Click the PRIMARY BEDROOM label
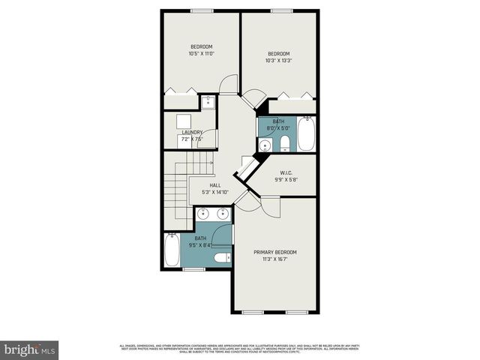pos(274,252)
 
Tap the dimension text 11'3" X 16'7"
pos(274,259)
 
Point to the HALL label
pos(215,185)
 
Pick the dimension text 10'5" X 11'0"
pos(201,53)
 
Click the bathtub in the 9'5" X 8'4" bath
pos(172,251)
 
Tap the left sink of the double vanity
pos(202,215)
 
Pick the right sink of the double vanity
pos(222,215)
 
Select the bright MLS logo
pos(30,349)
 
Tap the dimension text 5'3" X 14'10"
pos(215,193)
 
